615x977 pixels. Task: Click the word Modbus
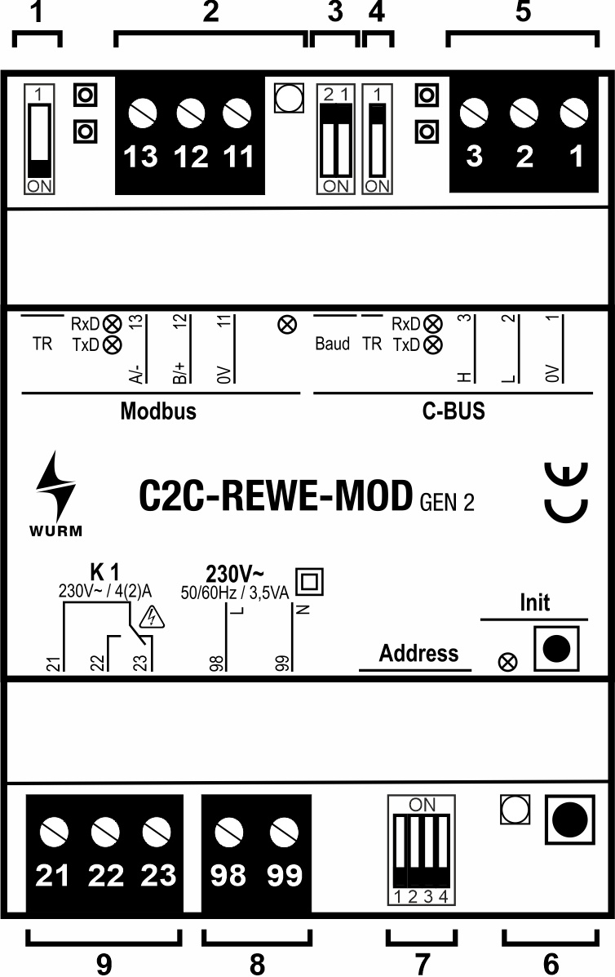click(158, 411)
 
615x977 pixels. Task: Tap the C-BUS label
click(454, 411)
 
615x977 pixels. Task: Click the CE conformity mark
click(566, 493)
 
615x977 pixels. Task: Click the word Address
click(418, 654)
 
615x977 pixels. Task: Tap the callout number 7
click(422, 964)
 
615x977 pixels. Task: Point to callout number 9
click(104, 964)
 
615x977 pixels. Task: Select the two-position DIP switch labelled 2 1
click(335, 139)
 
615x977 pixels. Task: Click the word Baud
click(332, 344)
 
